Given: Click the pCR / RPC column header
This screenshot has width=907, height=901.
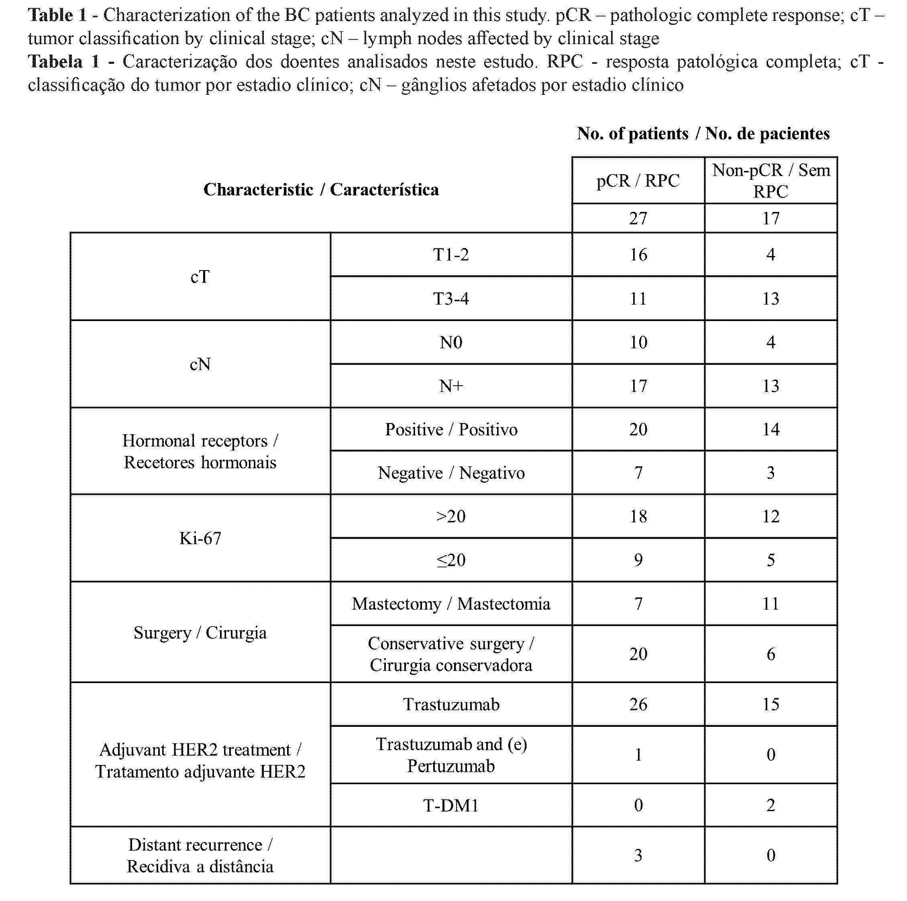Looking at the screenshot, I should [x=638, y=181].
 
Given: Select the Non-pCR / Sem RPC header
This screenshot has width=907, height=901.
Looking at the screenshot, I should [x=770, y=181].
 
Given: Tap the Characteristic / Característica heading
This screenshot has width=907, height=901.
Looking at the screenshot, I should [x=321, y=189].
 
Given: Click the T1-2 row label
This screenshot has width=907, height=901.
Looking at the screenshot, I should [x=450, y=254].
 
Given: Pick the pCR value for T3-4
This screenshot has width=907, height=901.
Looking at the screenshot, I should [x=638, y=299].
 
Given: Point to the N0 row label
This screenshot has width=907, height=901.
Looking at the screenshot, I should [x=450, y=342].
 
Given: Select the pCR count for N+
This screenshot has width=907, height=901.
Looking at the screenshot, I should [x=638, y=386].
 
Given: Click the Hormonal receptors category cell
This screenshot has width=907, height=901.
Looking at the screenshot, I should [x=200, y=451].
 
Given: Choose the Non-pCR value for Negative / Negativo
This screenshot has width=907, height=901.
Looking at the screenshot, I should [x=770, y=472].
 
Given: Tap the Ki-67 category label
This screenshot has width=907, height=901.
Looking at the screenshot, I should [x=200, y=538].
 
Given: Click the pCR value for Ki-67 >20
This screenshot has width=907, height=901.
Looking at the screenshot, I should [x=638, y=516].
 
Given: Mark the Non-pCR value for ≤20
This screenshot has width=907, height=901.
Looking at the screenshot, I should [x=770, y=560].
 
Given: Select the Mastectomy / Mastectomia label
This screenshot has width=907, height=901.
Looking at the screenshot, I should [x=450, y=604].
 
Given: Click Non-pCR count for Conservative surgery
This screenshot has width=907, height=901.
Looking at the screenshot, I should [x=770, y=654].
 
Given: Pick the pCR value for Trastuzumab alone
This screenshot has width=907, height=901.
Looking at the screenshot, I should [x=638, y=704].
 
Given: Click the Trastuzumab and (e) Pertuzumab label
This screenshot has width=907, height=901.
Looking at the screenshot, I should [x=450, y=755].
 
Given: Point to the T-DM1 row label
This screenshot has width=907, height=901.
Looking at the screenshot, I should [x=450, y=805].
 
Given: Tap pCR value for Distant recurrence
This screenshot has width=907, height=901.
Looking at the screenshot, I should [x=638, y=855].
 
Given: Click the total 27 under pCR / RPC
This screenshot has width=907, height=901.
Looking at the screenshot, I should [x=638, y=218].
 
